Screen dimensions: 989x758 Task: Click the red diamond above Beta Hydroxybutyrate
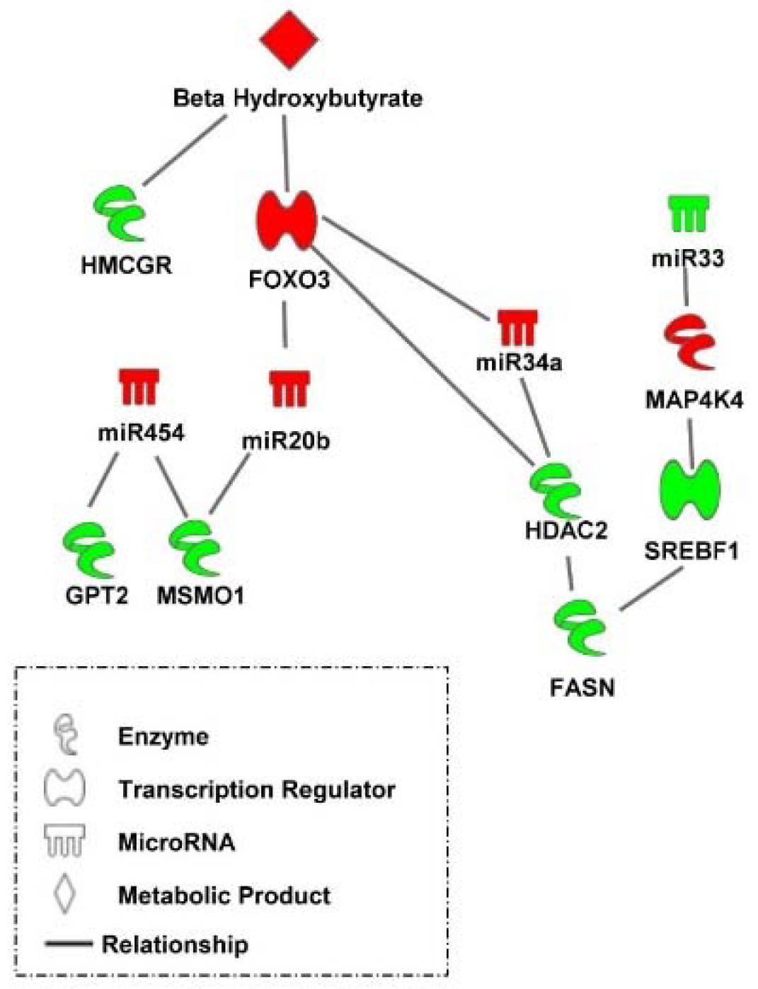pyautogui.click(x=289, y=40)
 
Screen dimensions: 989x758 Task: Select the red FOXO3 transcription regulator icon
pyautogui.click(x=286, y=220)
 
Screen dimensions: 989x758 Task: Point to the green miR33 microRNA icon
pyautogui.click(x=688, y=214)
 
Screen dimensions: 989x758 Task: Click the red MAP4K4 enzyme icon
pyautogui.click(x=690, y=343)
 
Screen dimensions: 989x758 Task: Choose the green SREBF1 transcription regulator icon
pyautogui.click(x=689, y=489)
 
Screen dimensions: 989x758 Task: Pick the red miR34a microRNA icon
pyautogui.click(x=517, y=327)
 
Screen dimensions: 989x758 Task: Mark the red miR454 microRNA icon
pyautogui.click(x=139, y=387)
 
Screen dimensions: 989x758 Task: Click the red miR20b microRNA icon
pyautogui.click(x=289, y=389)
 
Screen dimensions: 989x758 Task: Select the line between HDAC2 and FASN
pyautogui.click(x=570, y=572)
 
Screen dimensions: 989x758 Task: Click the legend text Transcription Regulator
pyautogui.click(x=256, y=789)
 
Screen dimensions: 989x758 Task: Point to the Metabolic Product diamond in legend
pyautogui.click(x=65, y=894)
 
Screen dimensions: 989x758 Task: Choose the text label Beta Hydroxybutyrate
pyautogui.click(x=297, y=98)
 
